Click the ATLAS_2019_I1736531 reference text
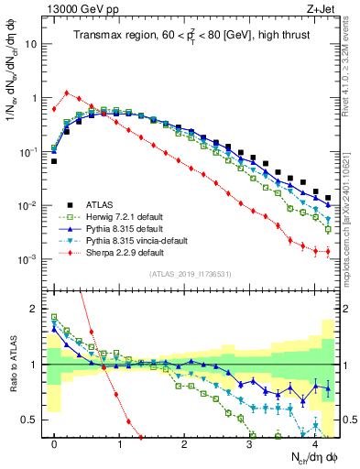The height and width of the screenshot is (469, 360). point(190,274)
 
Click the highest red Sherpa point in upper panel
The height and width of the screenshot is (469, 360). point(67,93)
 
